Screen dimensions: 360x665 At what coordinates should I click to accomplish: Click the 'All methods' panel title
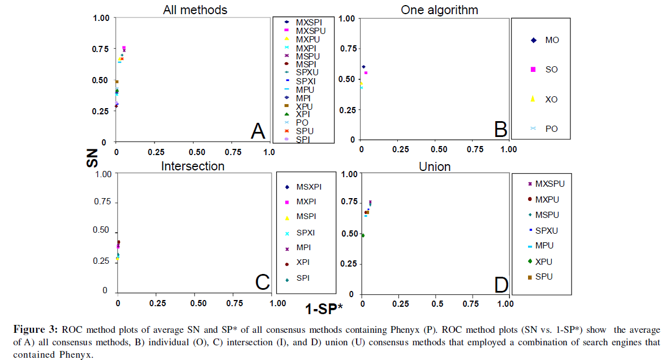(195, 10)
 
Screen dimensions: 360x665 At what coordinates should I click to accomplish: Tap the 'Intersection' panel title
(192, 166)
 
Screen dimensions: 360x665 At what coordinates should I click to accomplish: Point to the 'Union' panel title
(435, 166)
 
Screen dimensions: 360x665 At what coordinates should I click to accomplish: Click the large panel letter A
(258, 131)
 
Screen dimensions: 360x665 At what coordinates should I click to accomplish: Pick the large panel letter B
(500, 130)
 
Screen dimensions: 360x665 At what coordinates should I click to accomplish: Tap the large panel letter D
(501, 285)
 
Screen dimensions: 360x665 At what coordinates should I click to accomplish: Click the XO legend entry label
(552, 100)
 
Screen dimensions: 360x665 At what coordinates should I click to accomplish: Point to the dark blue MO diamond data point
(363, 67)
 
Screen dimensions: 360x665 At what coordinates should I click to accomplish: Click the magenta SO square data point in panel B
(366, 73)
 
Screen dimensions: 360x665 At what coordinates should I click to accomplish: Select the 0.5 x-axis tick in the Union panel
(437, 304)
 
